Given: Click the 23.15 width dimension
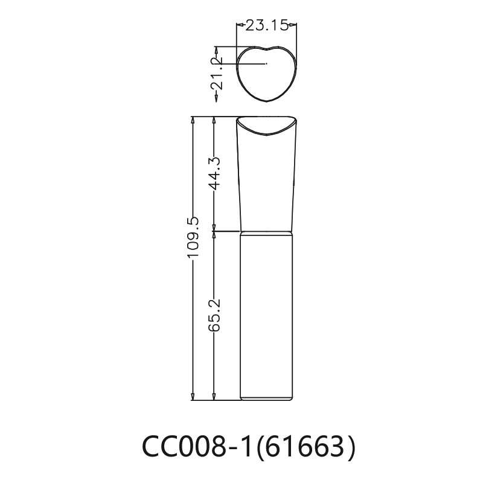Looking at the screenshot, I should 266,25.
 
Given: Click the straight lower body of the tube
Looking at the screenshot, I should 266,314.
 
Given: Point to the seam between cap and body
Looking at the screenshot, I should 266,232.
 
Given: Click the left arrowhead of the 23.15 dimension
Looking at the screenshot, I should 238,25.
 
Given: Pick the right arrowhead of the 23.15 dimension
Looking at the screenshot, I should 293,25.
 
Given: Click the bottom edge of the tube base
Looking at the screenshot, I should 266,399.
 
